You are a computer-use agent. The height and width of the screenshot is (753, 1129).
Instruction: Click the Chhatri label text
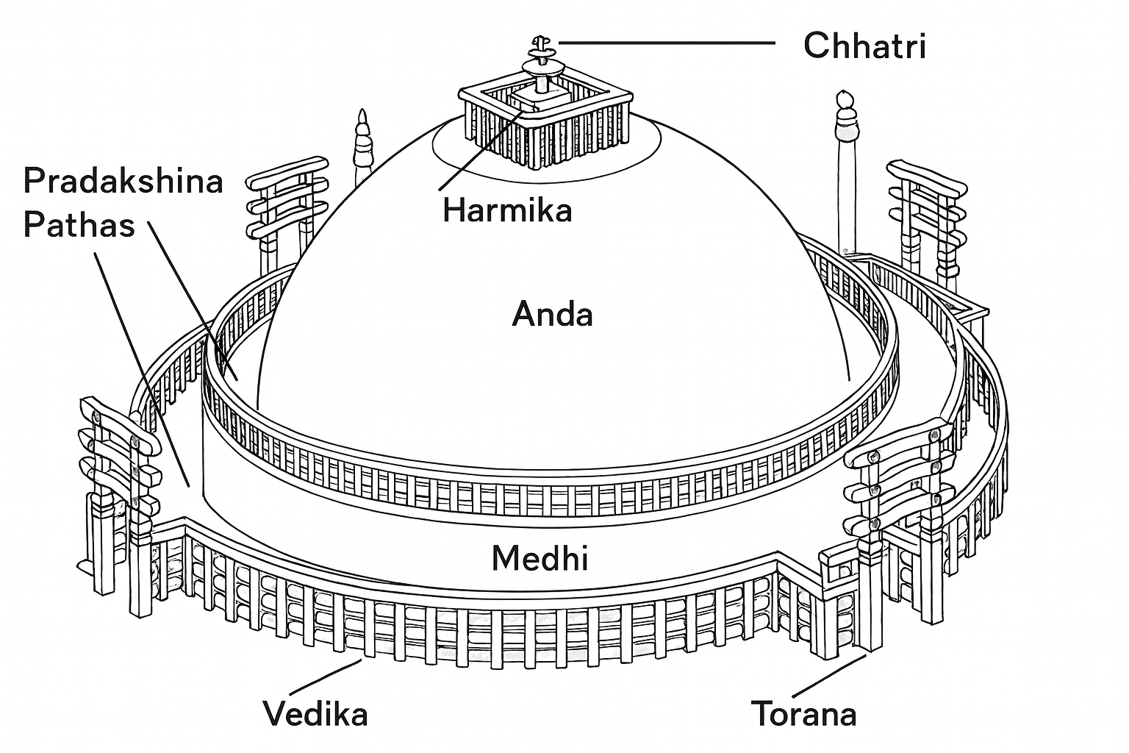point(864,46)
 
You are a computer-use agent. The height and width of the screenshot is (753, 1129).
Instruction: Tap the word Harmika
point(507,211)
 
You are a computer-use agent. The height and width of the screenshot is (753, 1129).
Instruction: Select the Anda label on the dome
point(552,315)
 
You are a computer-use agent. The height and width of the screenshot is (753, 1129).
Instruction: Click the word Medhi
point(540,559)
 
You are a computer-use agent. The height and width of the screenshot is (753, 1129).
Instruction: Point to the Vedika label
point(315,714)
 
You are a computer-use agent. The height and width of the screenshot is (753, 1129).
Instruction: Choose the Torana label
point(803,714)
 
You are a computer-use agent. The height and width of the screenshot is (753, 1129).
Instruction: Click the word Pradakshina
point(123,181)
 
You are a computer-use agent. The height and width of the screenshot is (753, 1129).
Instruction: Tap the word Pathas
point(79,224)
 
